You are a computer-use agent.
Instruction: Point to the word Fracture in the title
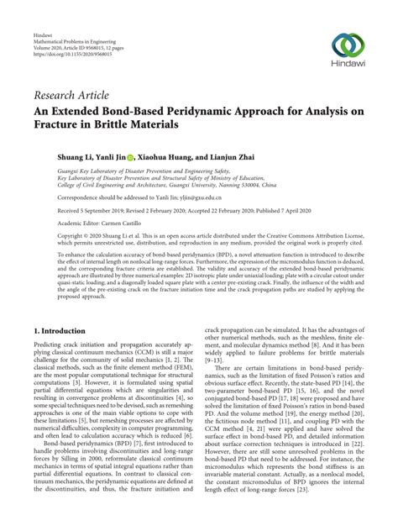click(x=60, y=127)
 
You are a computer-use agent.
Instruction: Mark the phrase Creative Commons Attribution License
click(x=318, y=239)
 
